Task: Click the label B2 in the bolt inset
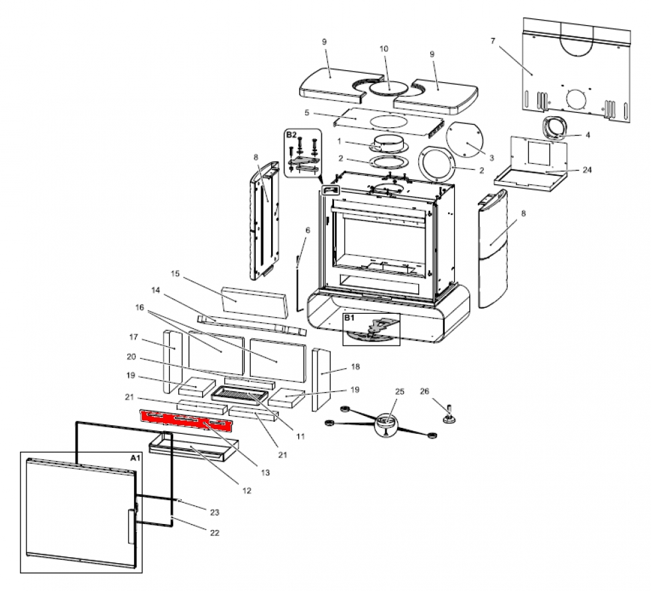coord(292,135)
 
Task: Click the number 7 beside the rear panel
coord(493,41)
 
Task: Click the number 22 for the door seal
coord(214,533)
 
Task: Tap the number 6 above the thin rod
coord(308,230)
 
